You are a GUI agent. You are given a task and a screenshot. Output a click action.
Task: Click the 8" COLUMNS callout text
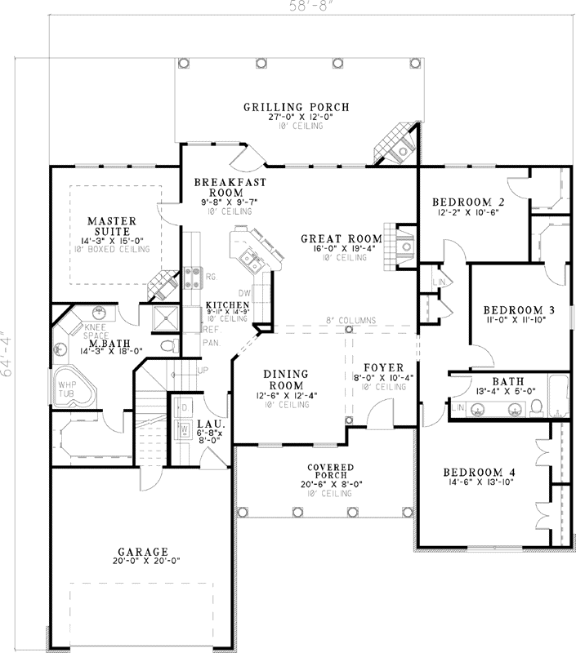coord(351,321)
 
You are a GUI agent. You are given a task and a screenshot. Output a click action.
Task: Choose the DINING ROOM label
coord(285,380)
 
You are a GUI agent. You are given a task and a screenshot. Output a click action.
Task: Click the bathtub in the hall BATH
coord(557,395)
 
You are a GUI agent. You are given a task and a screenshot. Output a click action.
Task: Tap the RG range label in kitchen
coord(210,278)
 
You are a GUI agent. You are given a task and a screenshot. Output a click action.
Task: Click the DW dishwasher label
coord(243,291)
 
